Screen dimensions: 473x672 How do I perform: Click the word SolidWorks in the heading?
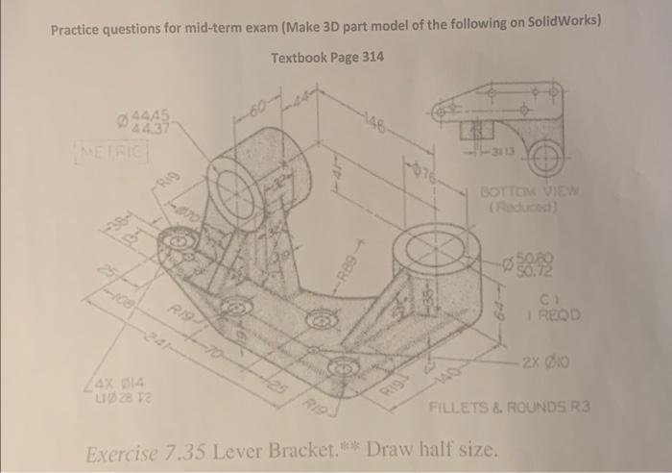pos(559,22)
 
